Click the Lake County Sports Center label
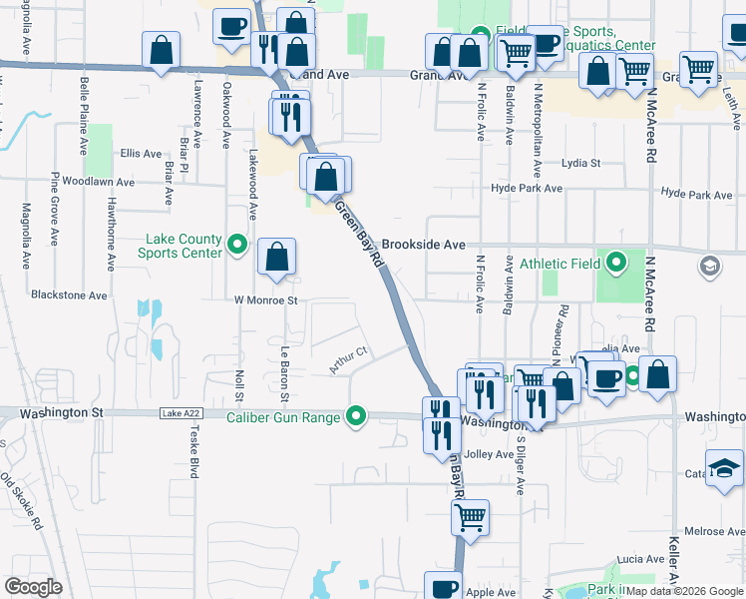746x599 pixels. click(x=184, y=246)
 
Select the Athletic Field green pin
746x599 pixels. click(x=616, y=264)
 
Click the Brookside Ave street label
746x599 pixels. click(x=424, y=245)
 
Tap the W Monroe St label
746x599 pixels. click(x=266, y=299)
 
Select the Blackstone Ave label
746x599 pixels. click(x=69, y=296)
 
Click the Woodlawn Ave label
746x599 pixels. click(x=98, y=183)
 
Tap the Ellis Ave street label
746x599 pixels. click(x=140, y=154)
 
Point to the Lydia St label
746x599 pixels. click(x=581, y=163)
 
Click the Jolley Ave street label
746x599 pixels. click(x=489, y=454)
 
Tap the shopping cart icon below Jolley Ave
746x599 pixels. click(x=470, y=517)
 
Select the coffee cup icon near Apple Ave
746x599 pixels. click(x=444, y=587)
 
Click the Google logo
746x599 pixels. click(x=33, y=586)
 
